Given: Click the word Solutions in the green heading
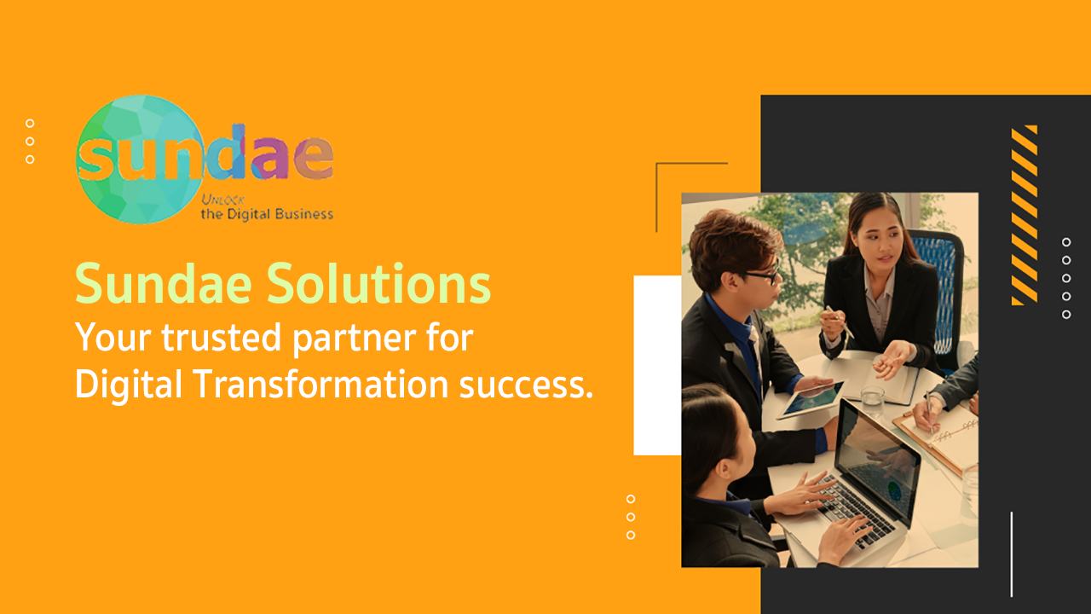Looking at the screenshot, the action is pos(378,284).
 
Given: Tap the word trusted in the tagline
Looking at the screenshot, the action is pos(222,337).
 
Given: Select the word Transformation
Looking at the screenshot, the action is pos(321,384).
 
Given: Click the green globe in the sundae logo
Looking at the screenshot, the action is pos(141,159).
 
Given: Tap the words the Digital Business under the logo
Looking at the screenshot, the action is pos(267,214).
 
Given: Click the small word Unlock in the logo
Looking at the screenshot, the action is pos(222,200).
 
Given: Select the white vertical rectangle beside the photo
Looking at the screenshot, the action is pos(657,365).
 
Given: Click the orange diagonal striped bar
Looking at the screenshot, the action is pos(1025,215).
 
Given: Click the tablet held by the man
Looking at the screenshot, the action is pos(810,401).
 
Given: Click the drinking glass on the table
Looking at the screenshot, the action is pos(872,402).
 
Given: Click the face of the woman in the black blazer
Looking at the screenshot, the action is pos(879,238).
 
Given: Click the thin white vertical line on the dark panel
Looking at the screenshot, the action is pos(1012,554).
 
